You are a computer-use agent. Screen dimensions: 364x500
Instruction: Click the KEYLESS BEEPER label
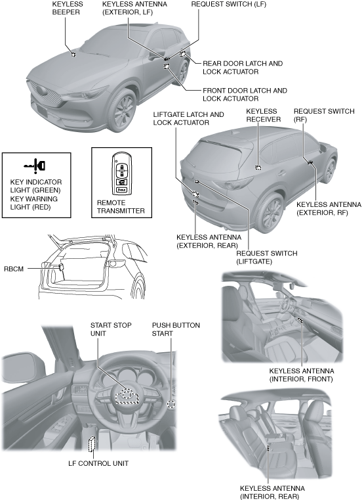(x=68, y=8)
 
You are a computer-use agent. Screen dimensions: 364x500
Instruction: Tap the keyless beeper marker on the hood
(x=73, y=55)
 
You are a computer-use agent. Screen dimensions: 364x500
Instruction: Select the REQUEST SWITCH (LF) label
(x=228, y=4)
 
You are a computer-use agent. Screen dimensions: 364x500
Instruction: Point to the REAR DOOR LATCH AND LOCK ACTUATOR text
(x=243, y=67)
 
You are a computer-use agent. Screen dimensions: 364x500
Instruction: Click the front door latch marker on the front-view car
(x=167, y=66)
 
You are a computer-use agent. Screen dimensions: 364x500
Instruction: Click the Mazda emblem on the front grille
(x=41, y=90)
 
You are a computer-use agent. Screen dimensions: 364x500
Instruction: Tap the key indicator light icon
(x=35, y=166)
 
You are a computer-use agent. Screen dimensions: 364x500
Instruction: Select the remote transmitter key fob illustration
(x=122, y=174)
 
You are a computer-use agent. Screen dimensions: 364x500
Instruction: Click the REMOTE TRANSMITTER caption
(x=121, y=206)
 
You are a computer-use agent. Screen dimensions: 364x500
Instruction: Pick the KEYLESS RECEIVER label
(x=264, y=115)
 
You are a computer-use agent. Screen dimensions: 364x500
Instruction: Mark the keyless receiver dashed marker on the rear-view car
(x=258, y=168)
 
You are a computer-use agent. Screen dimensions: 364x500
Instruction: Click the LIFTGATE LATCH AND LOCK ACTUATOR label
(x=188, y=118)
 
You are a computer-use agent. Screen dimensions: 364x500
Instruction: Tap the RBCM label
(x=14, y=269)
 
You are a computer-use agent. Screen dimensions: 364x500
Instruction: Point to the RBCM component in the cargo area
(x=62, y=267)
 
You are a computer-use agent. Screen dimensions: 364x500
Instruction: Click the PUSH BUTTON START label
(x=176, y=329)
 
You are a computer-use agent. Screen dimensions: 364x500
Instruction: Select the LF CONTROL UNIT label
(x=98, y=463)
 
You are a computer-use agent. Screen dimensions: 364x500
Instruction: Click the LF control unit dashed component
(x=92, y=443)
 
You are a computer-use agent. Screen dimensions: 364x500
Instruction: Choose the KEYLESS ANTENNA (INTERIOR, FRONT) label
(x=301, y=375)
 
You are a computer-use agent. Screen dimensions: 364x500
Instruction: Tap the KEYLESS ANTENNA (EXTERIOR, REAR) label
(x=209, y=241)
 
